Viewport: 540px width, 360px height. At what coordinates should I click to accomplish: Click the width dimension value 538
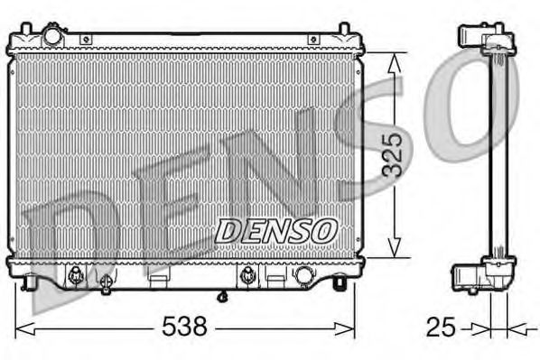(x=185, y=325)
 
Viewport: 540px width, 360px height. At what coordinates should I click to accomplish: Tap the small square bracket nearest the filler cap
(x=86, y=40)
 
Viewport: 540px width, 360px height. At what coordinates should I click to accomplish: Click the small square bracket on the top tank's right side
(x=312, y=40)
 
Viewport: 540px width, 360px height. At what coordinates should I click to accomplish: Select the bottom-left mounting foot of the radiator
(x=33, y=284)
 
